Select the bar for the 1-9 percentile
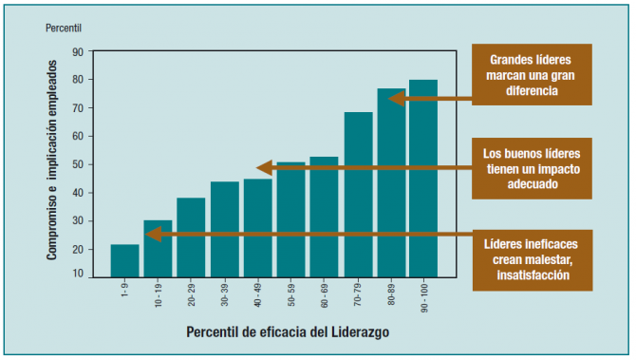124,260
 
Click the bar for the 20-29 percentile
191,237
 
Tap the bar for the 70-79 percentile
358,195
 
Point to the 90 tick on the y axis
77,52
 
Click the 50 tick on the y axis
77,164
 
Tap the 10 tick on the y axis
77,275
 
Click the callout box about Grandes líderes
532,73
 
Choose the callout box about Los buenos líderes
532,168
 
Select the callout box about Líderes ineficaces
532,259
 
